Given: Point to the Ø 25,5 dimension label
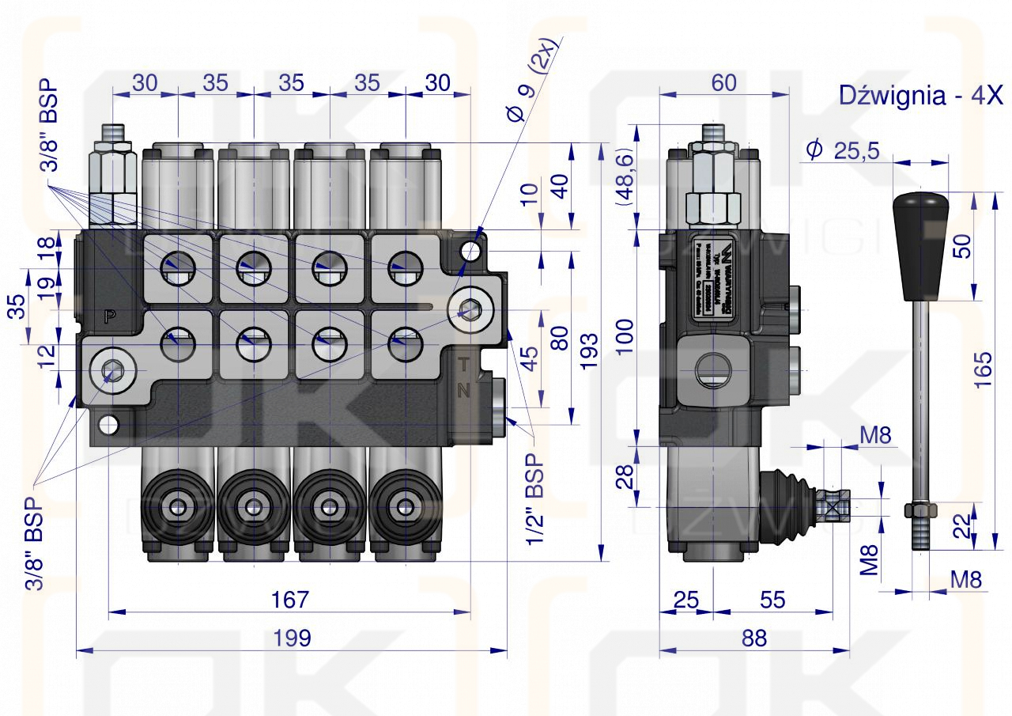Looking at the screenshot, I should [843, 150].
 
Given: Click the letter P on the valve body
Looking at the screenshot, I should [110, 316].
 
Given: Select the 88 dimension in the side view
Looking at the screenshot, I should [754, 638].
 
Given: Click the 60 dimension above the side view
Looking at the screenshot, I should [723, 82].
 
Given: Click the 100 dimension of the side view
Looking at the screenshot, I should [625, 336].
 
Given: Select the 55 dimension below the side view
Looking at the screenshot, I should [772, 599].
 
